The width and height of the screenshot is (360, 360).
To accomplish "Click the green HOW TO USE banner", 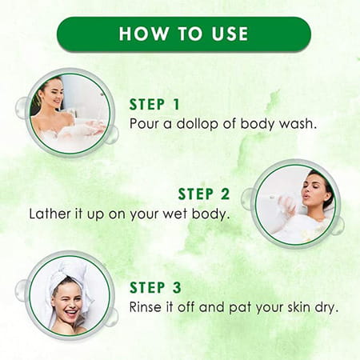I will point(183,34).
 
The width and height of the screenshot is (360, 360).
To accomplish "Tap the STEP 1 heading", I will point(159,104).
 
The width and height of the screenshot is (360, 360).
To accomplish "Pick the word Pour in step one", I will point(144,123).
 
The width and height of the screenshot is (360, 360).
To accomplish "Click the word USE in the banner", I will point(226,34).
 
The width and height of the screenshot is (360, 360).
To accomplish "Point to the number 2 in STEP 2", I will point(225,194).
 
